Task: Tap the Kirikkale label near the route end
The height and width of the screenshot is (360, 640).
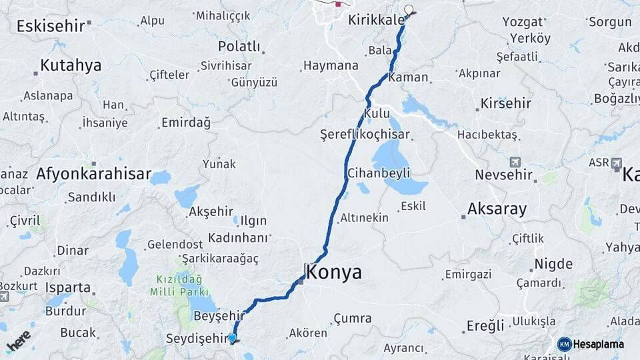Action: click(376, 21)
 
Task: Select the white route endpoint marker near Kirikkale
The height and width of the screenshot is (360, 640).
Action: click(409, 10)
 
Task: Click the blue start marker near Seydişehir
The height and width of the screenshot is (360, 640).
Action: click(232, 338)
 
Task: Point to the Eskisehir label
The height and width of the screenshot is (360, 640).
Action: click(51, 26)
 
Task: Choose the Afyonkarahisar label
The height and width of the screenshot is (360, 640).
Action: click(93, 174)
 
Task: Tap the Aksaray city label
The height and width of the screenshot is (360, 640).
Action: click(497, 209)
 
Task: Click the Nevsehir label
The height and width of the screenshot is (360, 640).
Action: click(503, 175)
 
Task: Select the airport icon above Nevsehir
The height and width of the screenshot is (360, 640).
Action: click(515, 162)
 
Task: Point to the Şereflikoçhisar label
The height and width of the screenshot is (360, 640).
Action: click(365, 135)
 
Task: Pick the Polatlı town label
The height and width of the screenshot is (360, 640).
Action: click(239, 47)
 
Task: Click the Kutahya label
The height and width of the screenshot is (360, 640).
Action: click(71, 65)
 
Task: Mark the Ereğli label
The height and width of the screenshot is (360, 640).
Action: click(485, 326)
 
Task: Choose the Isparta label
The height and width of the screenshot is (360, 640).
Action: click(68, 288)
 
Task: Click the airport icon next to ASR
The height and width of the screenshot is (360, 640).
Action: click(616, 163)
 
